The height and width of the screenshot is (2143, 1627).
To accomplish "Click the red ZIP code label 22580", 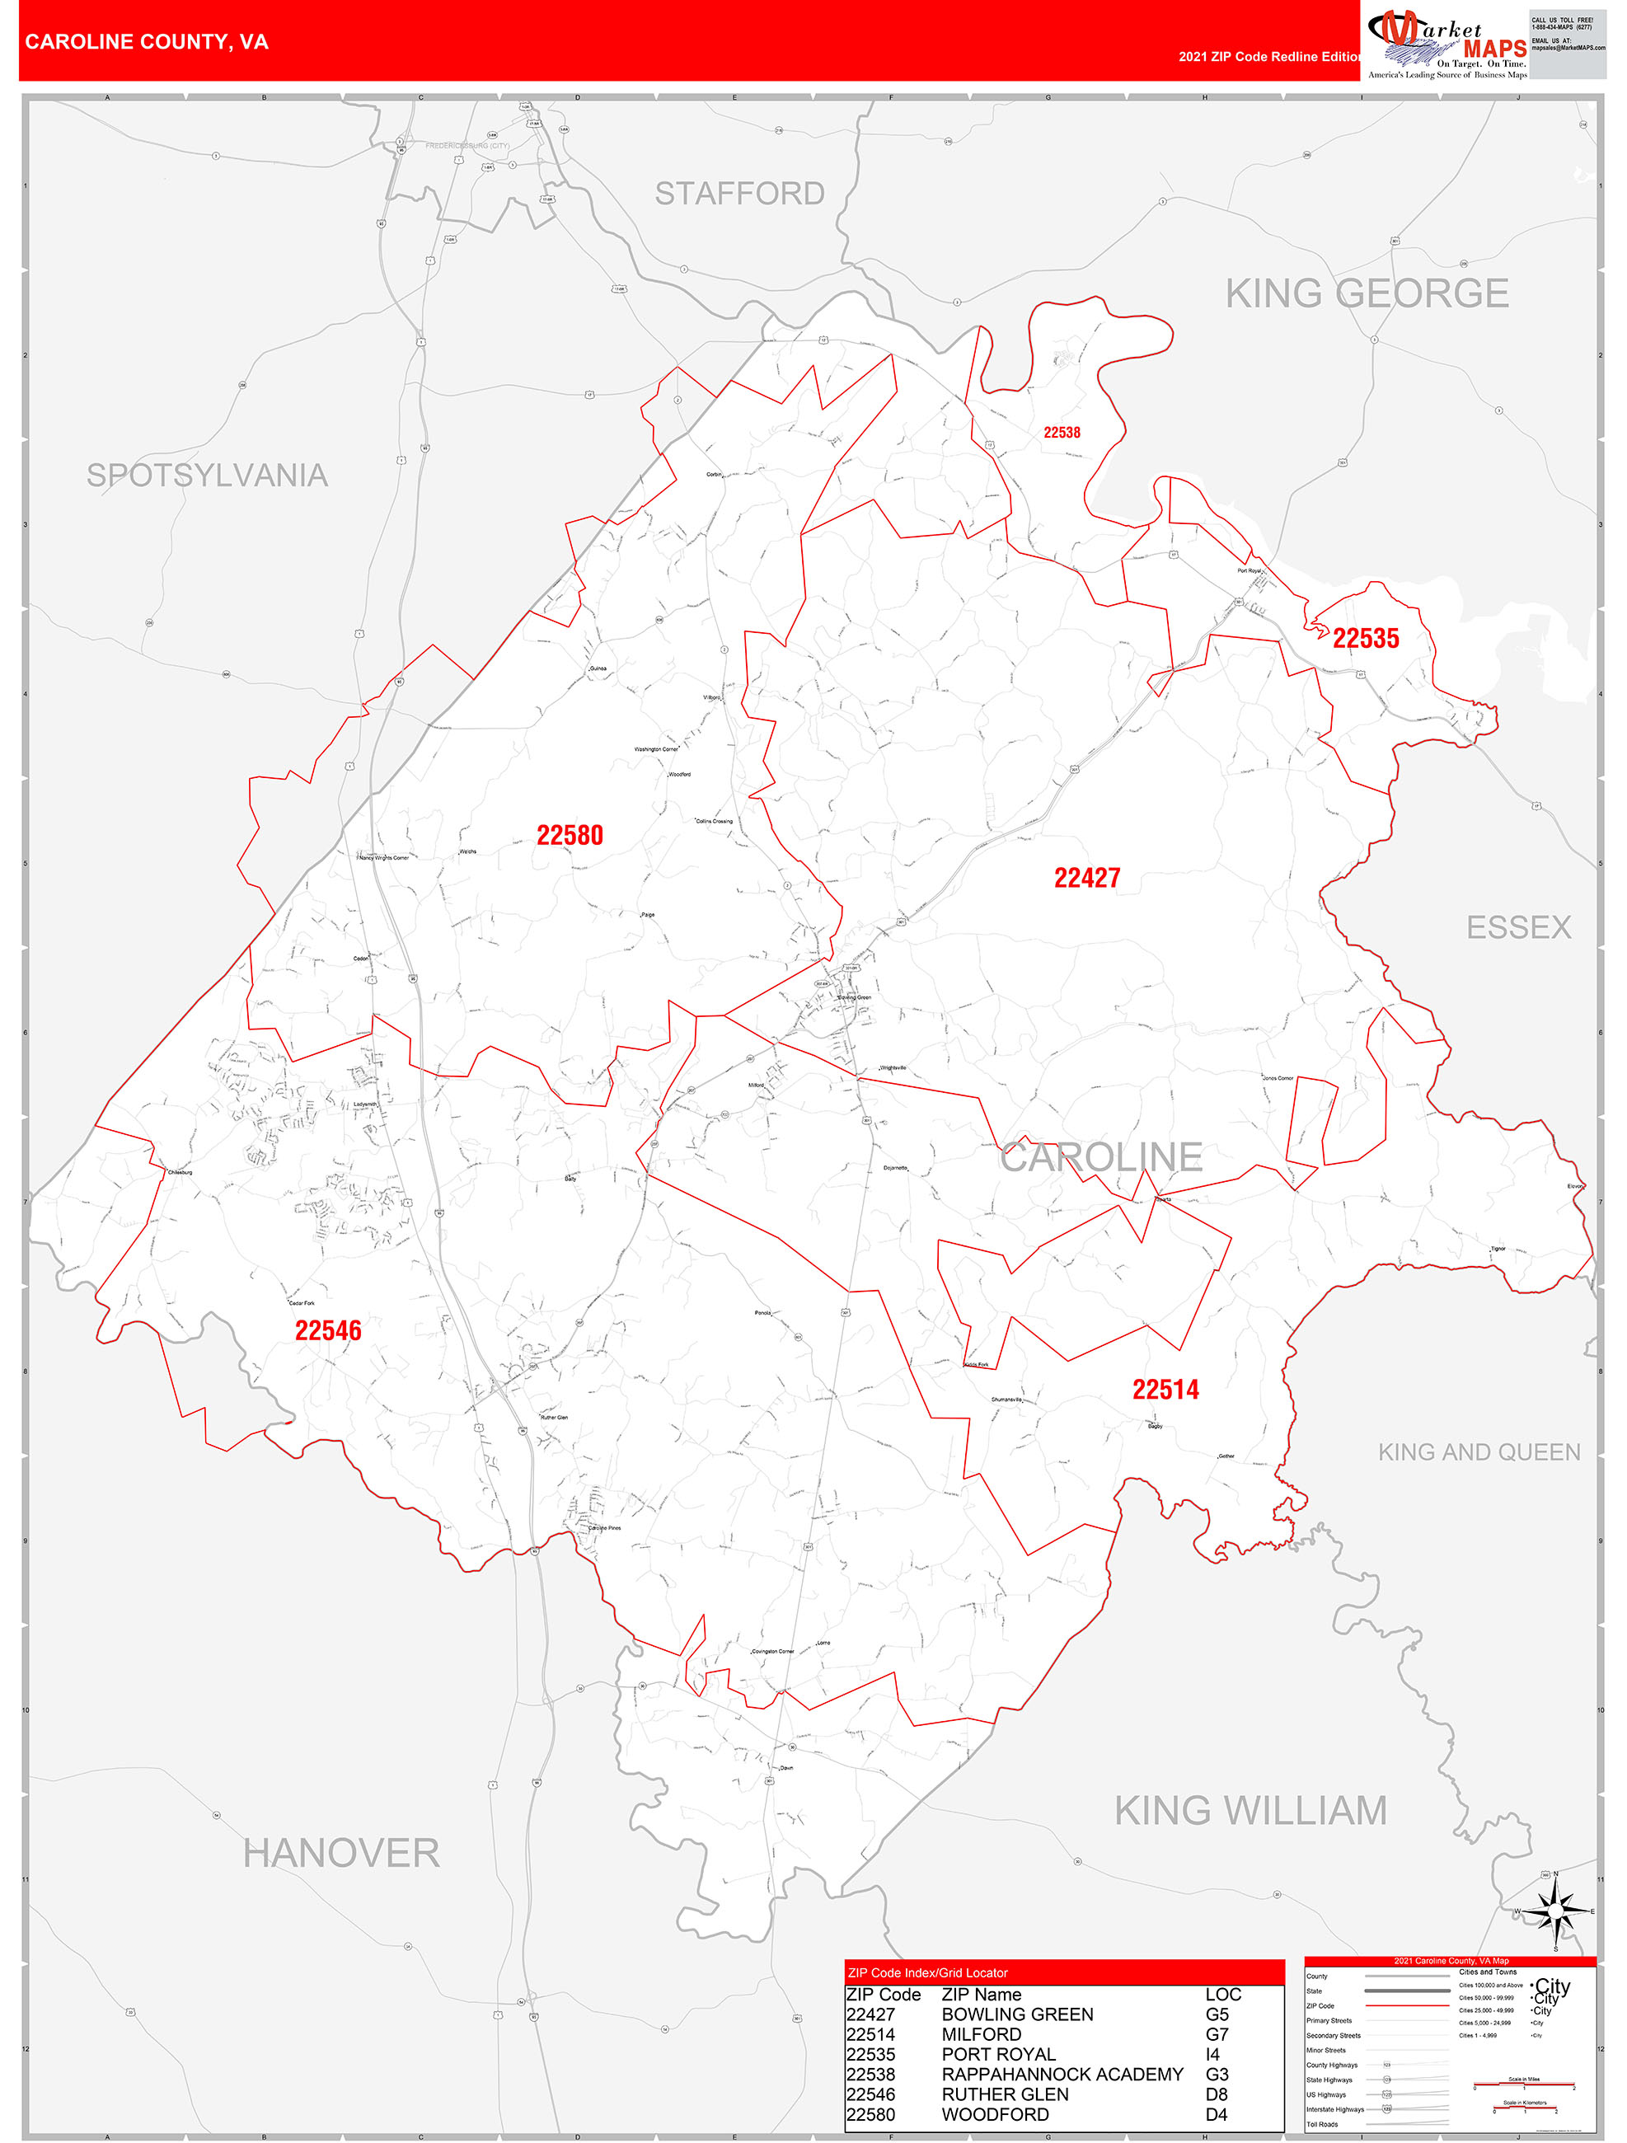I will [570, 835].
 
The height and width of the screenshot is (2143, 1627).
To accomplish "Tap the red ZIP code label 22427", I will [1086, 878].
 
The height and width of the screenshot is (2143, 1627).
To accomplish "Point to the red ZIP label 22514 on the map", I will [1165, 1390].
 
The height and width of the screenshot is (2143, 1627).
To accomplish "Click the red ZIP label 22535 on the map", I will [1366, 639].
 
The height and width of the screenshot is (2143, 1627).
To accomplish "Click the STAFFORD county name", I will [739, 194].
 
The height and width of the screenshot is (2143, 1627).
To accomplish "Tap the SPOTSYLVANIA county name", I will [208, 475].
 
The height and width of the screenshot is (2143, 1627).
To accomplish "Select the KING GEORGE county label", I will [1367, 293].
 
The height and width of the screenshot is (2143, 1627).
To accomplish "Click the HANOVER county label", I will [341, 1854].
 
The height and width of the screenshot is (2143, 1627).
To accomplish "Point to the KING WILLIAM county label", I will [1250, 1811].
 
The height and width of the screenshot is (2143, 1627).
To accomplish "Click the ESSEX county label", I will [1517, 927].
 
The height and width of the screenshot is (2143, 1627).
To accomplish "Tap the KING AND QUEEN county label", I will [1479, 1451].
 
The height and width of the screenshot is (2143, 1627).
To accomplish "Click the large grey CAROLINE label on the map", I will [1101, 1156].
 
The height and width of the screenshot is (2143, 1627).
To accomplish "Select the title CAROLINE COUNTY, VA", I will [148, 42].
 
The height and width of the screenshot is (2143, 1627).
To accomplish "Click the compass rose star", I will [1555, 1911].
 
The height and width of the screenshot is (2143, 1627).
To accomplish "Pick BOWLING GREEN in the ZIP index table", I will [1016, 2014].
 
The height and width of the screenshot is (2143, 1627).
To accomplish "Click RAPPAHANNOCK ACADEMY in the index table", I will [1062, 2075].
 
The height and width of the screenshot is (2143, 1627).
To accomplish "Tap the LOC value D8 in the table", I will [1217, 2094].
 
